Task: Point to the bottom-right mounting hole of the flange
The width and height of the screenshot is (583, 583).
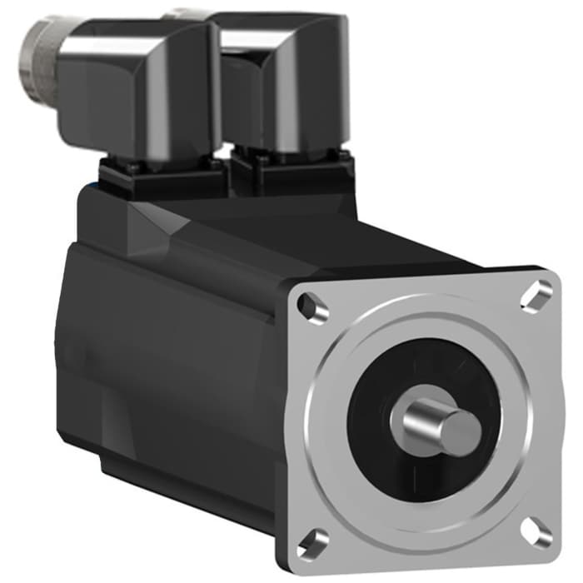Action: (536, 533)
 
